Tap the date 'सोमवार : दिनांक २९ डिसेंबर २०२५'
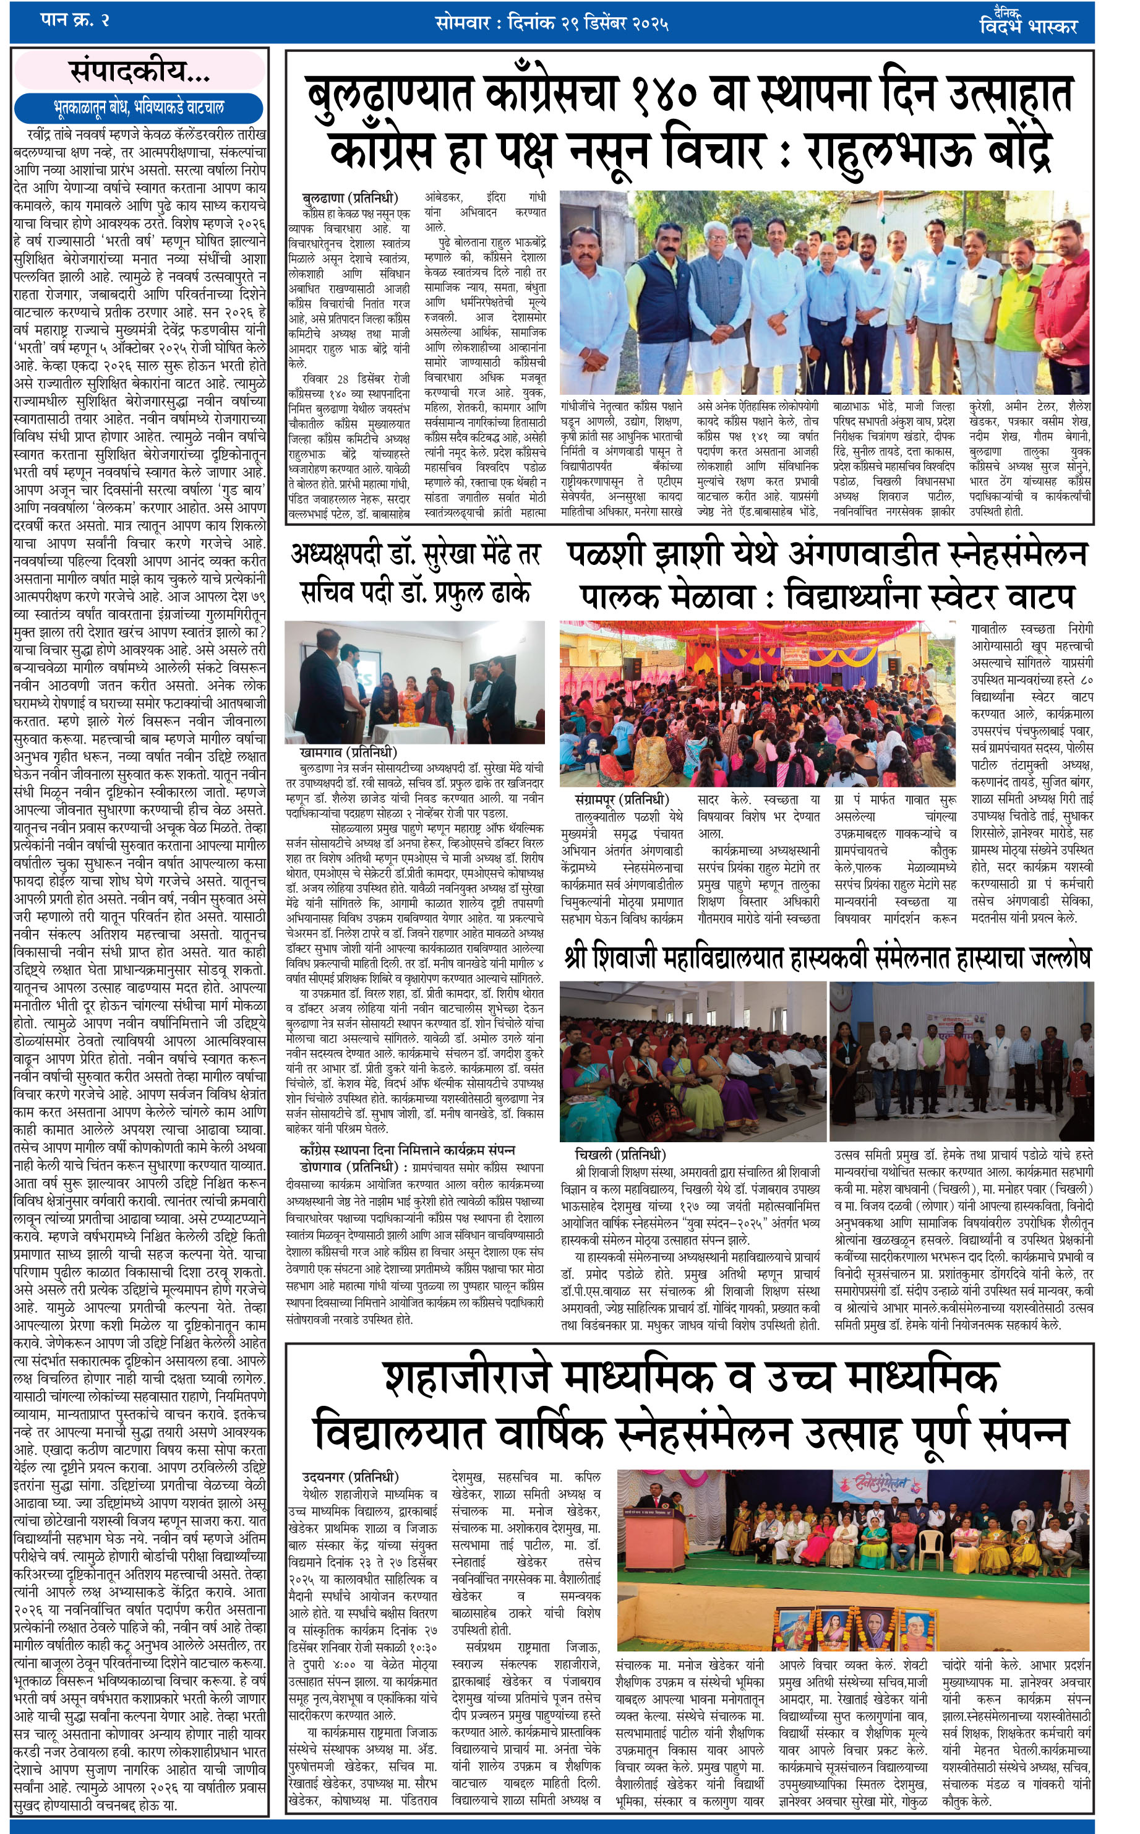point(552,23)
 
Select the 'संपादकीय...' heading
point(139,72)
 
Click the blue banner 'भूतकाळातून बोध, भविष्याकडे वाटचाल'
point(139,106)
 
